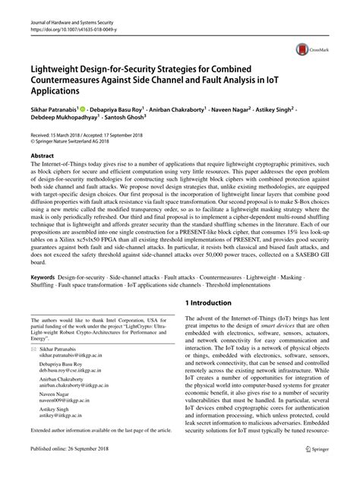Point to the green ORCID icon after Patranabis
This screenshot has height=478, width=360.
[x=105, y=109]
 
